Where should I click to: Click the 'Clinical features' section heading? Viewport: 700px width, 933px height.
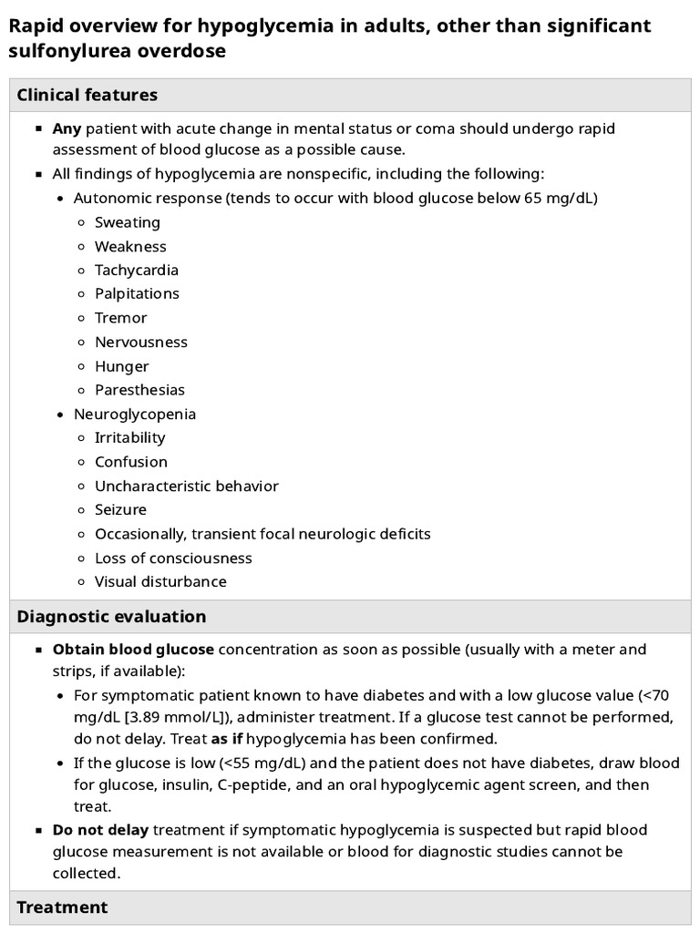click(x=87, y=95)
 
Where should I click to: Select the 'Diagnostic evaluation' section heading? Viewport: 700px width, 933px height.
click(x=111, y=616)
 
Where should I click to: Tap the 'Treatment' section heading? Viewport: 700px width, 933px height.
click(x=62, y=907)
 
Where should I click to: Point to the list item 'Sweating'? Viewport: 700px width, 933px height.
click(x=128, y=222)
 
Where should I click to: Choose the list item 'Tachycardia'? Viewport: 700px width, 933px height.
click(x=137, y=270)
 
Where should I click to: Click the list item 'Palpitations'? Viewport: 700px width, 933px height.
click(x=137, y=293)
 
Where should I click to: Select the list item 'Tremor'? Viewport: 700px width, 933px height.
click(x=121, y=318)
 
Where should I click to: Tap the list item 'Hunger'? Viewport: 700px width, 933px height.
click(x=122, y=366)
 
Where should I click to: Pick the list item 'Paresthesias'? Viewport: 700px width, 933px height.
click(x=139, y=390)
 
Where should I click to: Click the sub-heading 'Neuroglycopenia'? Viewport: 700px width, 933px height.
click(x=135, y=414)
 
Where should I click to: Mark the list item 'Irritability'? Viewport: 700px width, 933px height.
click(x=130, y=438)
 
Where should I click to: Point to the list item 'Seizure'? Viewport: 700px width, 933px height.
click(x=120, y=509)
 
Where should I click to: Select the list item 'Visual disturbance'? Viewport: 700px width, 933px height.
click(x=160, y=581)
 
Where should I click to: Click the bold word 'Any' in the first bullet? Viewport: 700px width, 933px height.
click(x=67, y=128)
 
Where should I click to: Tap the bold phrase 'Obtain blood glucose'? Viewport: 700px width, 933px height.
click(x=133, y=650)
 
